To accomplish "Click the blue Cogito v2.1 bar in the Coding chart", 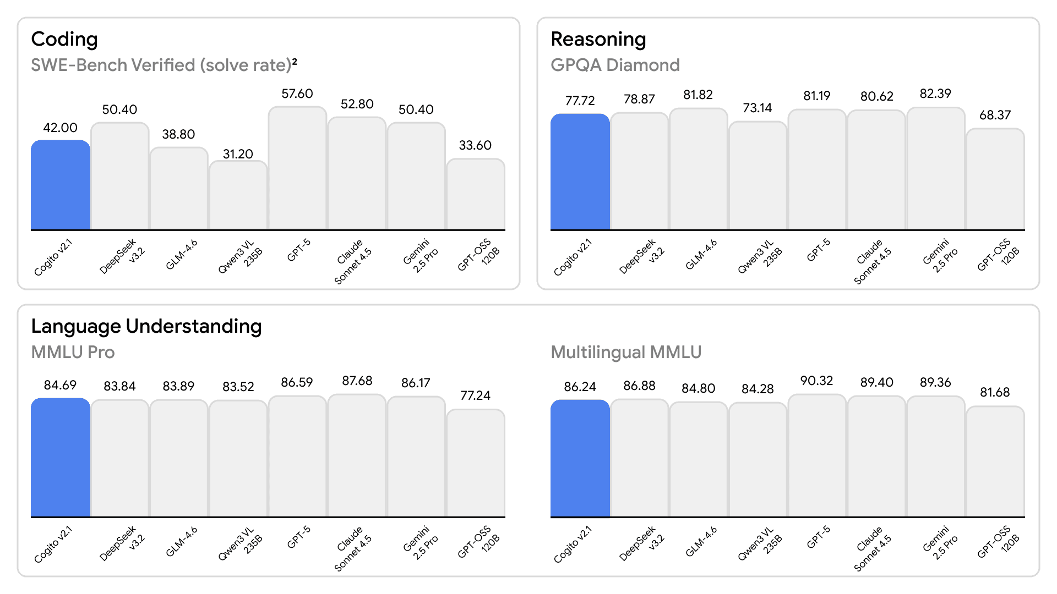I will (x=61, y=185).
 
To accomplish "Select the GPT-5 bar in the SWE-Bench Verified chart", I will (x=297, y=168).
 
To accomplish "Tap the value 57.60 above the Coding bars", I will (x=297, y=94).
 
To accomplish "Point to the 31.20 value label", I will (x=238, y=154).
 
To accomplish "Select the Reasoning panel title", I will (x=598, y=40).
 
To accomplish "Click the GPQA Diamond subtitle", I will (x=615, y=65).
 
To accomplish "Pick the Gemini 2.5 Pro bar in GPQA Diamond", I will (x=936, y=169).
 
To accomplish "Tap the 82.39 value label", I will (x=935, y=94).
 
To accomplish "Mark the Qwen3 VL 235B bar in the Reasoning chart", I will (x=758, y=176).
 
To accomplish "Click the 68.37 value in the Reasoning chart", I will (x=995, y=116).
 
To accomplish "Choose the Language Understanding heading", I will (x=146, y=327).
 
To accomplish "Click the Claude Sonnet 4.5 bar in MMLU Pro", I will (x=357, y=456).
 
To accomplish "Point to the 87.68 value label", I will (x=357, y=381).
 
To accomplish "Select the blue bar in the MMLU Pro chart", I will (x=61, y=458).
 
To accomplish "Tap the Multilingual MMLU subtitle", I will (x=626, y=353).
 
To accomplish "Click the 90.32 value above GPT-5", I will (x=816, y=381).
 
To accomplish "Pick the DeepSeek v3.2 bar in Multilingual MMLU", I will (x=639, y=458).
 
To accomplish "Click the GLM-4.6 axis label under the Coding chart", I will (x=181, y=255).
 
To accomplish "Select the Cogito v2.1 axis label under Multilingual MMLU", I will (x=573, y=544).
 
